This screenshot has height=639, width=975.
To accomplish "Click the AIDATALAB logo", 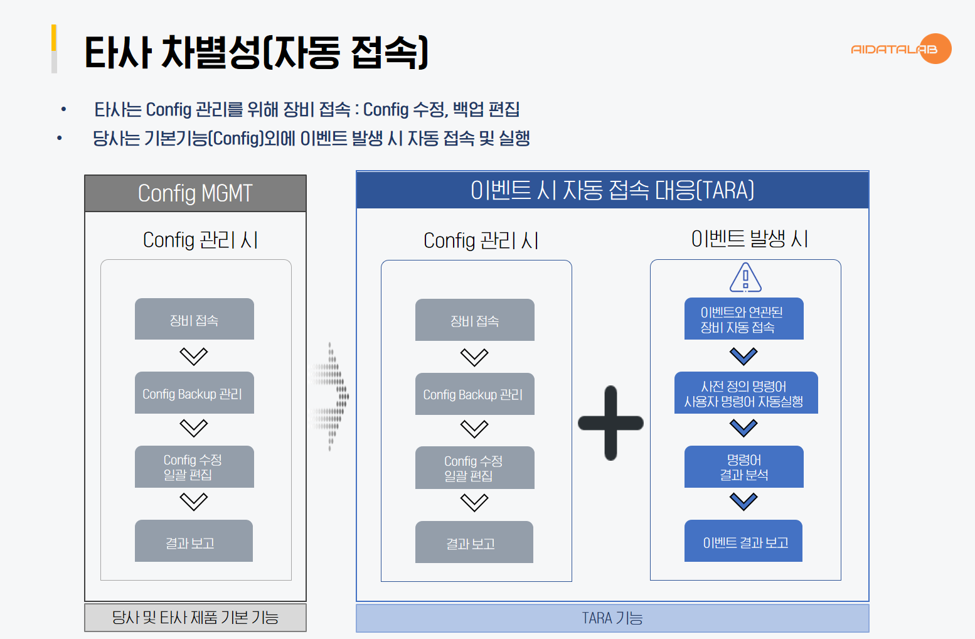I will pyautogui.click(x=901, y=49).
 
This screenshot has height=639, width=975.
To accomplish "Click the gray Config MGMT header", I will pyautogui.click(x=195, y=193).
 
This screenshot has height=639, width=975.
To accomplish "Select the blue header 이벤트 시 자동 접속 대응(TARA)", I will pyautogui.click(x=612, y=190).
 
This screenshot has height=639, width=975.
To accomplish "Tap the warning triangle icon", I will pyautogui.click(x=745, y=277).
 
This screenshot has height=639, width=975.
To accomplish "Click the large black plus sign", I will pyautogui.click(x=610, y=423).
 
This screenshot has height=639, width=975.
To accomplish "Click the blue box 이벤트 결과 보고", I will pyautogui.click(x=743, y=541).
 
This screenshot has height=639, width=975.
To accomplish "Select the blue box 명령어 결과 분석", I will pyautogui.click(x=743, y=467).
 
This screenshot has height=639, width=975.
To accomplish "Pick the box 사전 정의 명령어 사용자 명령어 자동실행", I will pyautogui.click(x=745, y=393).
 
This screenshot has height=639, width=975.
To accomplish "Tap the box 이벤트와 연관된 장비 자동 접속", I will pyautogui.click(x=743, y=319).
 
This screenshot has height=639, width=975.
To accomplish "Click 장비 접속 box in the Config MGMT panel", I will pyautogui.click(x=194, y=319).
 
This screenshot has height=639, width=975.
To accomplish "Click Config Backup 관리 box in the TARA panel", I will pyautogui.click(x=474, y=394).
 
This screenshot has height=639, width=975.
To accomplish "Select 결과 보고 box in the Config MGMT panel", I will pyautogui.click(x=193, y=541).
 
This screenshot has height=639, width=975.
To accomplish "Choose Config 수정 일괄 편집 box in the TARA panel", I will pyautogui.click(x=474, y=468).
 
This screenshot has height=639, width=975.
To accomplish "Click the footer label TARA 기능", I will pyautogui.click(x=612, y=618).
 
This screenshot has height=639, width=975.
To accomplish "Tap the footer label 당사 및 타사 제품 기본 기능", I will pyautogui.click(x=195, y=618).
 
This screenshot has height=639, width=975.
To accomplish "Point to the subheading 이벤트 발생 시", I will pyautogui.click(x=749, y=239).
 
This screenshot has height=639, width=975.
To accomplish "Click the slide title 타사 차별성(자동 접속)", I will pyautogui.click(x=257, y=52).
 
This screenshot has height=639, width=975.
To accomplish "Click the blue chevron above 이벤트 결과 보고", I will pyautogui.click(x=743, y=502).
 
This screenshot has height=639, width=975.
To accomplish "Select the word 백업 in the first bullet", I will pyautogui.click(x=468, y=110).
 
